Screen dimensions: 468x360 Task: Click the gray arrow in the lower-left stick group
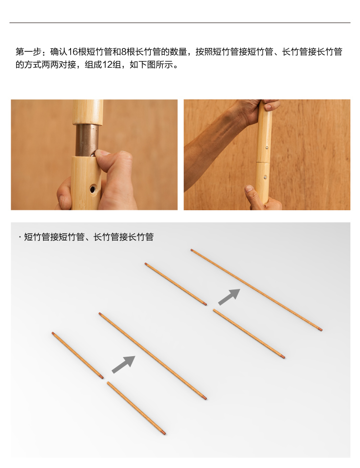point(123,364)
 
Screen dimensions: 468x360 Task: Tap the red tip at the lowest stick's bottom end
point(165,433)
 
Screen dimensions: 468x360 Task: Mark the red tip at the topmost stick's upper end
point(192,250)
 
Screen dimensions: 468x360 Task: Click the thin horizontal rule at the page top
point(180,23)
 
